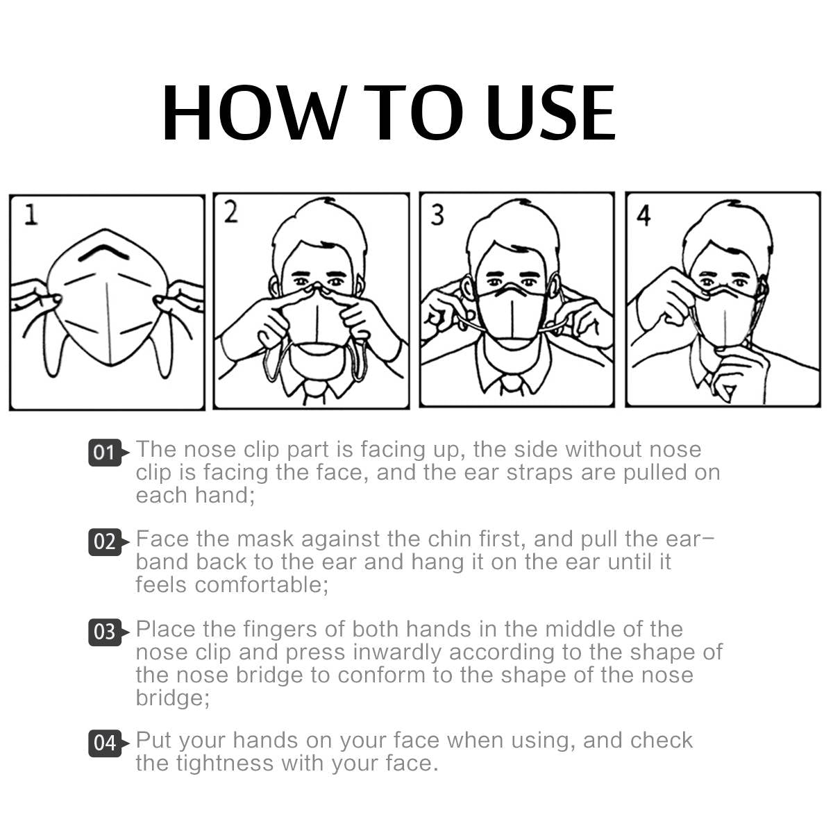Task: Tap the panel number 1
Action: (31, 215)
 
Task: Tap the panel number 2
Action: (231, 212)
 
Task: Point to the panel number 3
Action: (437, 214)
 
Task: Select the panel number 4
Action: (643, 215)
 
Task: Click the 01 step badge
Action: (105, 453)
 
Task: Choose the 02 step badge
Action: (105, 541)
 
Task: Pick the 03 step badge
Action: (105, 632)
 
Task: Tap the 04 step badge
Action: (105, 743)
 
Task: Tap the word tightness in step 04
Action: (225, 764)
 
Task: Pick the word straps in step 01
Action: (540, 473)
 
